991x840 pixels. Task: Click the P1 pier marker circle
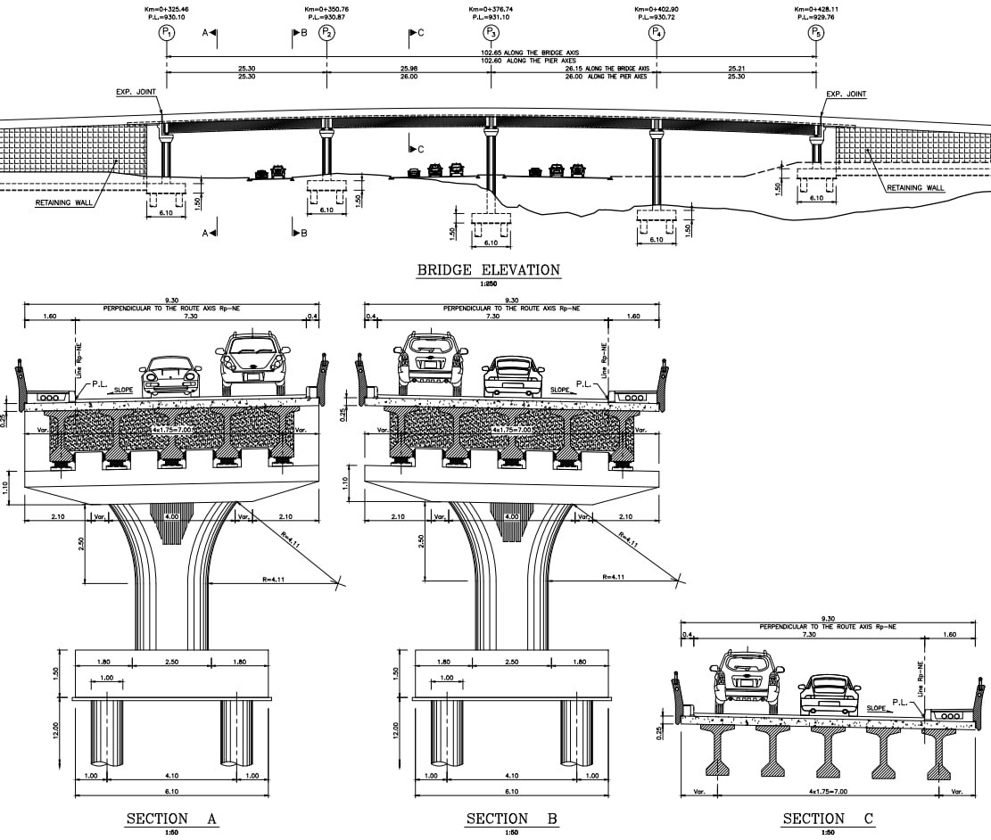(x=166, y=32)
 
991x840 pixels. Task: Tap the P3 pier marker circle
(x=491, y=32)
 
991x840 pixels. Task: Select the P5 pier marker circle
(x=815, y=32)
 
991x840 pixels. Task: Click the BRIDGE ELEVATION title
(x=488, y=269)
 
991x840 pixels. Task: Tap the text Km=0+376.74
(x=491, y=9)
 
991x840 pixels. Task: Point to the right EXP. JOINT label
(x=846, y=94)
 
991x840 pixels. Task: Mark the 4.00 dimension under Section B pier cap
(x=512, y=517)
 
